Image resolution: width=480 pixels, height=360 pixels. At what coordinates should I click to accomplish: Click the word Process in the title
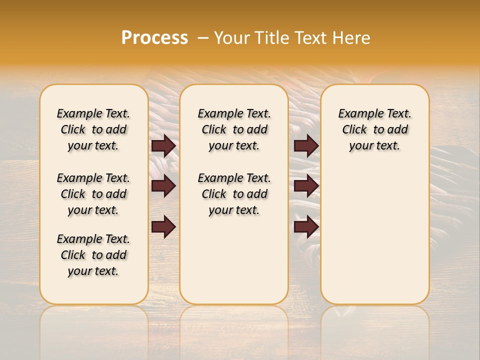click(x=154, y=38)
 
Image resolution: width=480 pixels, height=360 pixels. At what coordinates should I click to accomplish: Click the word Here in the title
click(x=351, y=38)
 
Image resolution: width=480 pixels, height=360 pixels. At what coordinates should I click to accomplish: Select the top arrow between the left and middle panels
click(x=163, y=146)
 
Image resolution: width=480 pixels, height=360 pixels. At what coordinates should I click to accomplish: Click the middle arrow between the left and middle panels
click(x=163, y=186)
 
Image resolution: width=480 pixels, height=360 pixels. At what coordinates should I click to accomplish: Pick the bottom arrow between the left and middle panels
click(x=163, y=226)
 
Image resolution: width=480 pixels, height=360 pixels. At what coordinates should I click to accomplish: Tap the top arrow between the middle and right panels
click(x=306, y=146)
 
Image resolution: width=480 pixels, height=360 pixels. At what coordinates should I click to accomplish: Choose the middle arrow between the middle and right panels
click(x=306, y=186)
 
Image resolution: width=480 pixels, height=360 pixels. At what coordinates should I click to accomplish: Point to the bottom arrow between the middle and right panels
click(x=306, y=226)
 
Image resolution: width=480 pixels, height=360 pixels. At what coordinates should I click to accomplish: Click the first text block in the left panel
click(x=93, y=129)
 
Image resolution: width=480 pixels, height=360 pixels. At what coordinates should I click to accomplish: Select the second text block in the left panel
click(x=93, y=194)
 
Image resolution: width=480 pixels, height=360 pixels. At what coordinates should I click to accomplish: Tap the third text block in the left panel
click(x=93, y=255)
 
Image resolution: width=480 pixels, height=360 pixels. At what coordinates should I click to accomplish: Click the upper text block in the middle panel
click(x=234, y=129)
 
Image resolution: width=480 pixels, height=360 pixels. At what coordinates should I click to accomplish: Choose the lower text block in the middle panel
click(x=234, y=194)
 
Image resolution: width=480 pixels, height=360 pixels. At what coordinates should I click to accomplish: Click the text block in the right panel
click(x=375, y=129)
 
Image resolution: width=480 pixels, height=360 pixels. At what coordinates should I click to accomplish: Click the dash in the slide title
click(x=202, y=38)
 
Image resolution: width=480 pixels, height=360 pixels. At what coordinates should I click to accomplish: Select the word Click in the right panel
click(x=354, y=130)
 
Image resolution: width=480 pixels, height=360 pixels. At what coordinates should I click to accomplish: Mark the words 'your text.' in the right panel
click(x=375, y=146)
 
